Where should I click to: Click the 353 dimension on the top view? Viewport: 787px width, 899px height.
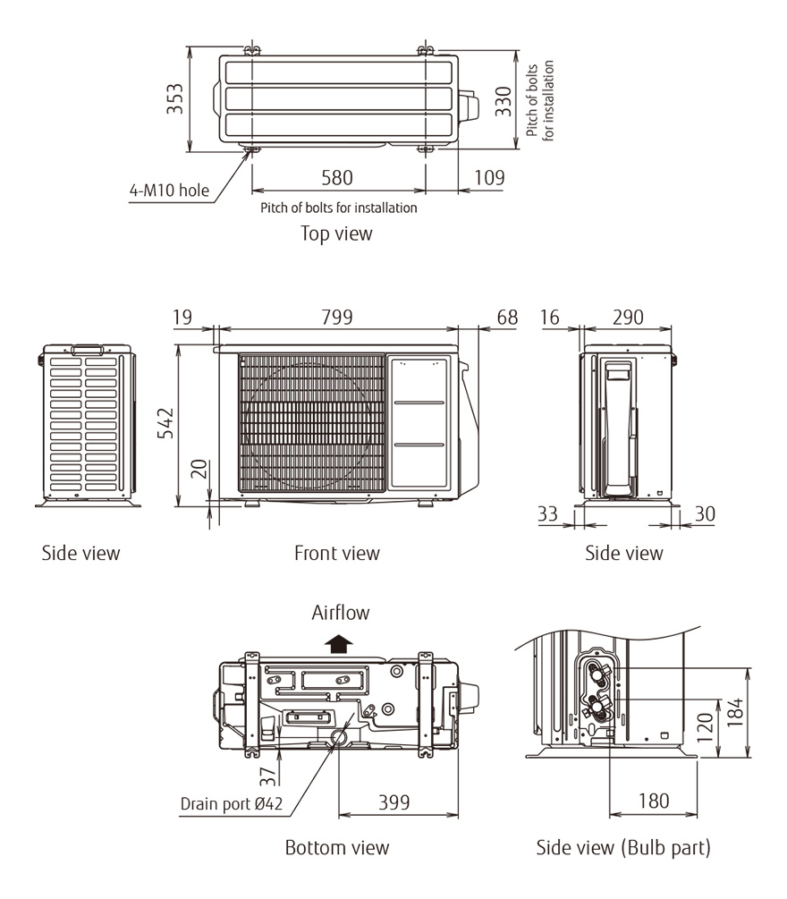[x=175, y=98]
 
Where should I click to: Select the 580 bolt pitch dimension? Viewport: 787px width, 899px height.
[x=336, y=178]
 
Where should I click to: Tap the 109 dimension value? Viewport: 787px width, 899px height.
[x=488, y=178]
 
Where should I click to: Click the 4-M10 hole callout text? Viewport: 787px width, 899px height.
[x=168, y=190]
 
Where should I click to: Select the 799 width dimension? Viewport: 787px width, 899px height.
[x=336, y=317]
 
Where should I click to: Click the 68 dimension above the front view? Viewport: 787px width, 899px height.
[x=507, y=317]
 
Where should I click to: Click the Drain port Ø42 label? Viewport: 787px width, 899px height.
[x=232, y=803]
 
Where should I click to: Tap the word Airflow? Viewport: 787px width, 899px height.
[x=340, y=613]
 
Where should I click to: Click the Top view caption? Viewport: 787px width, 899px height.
[x=336, y=233]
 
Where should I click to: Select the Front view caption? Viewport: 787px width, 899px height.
[x=336, y=554]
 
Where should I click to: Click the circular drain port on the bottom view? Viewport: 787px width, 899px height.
[x=340, y=736]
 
